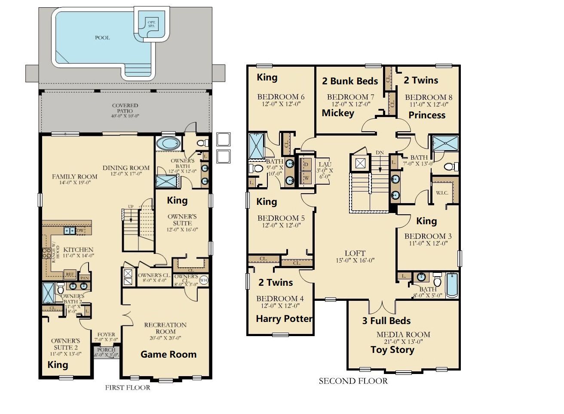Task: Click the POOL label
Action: point(102,38)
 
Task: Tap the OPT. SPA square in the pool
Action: point(151,23)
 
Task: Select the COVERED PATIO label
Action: point(125,111)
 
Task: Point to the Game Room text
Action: point(168,355)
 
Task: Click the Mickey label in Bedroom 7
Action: point(338,113)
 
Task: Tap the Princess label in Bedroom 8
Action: point(427,115)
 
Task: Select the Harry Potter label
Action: point(284,319)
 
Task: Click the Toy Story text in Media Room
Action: point(392,350)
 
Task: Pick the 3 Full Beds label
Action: point(386,321)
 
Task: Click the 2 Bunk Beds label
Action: point(350,81)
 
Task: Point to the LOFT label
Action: point(355,253)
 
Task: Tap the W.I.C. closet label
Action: point(442,193)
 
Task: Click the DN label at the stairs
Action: point(380,153)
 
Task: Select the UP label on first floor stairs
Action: point(130,207)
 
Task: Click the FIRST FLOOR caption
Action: point(128,388)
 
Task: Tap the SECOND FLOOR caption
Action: point(353,381)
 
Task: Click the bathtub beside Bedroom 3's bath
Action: point(452,285)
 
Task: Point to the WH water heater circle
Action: point(203,280)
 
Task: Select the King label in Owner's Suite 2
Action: point(58,365)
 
